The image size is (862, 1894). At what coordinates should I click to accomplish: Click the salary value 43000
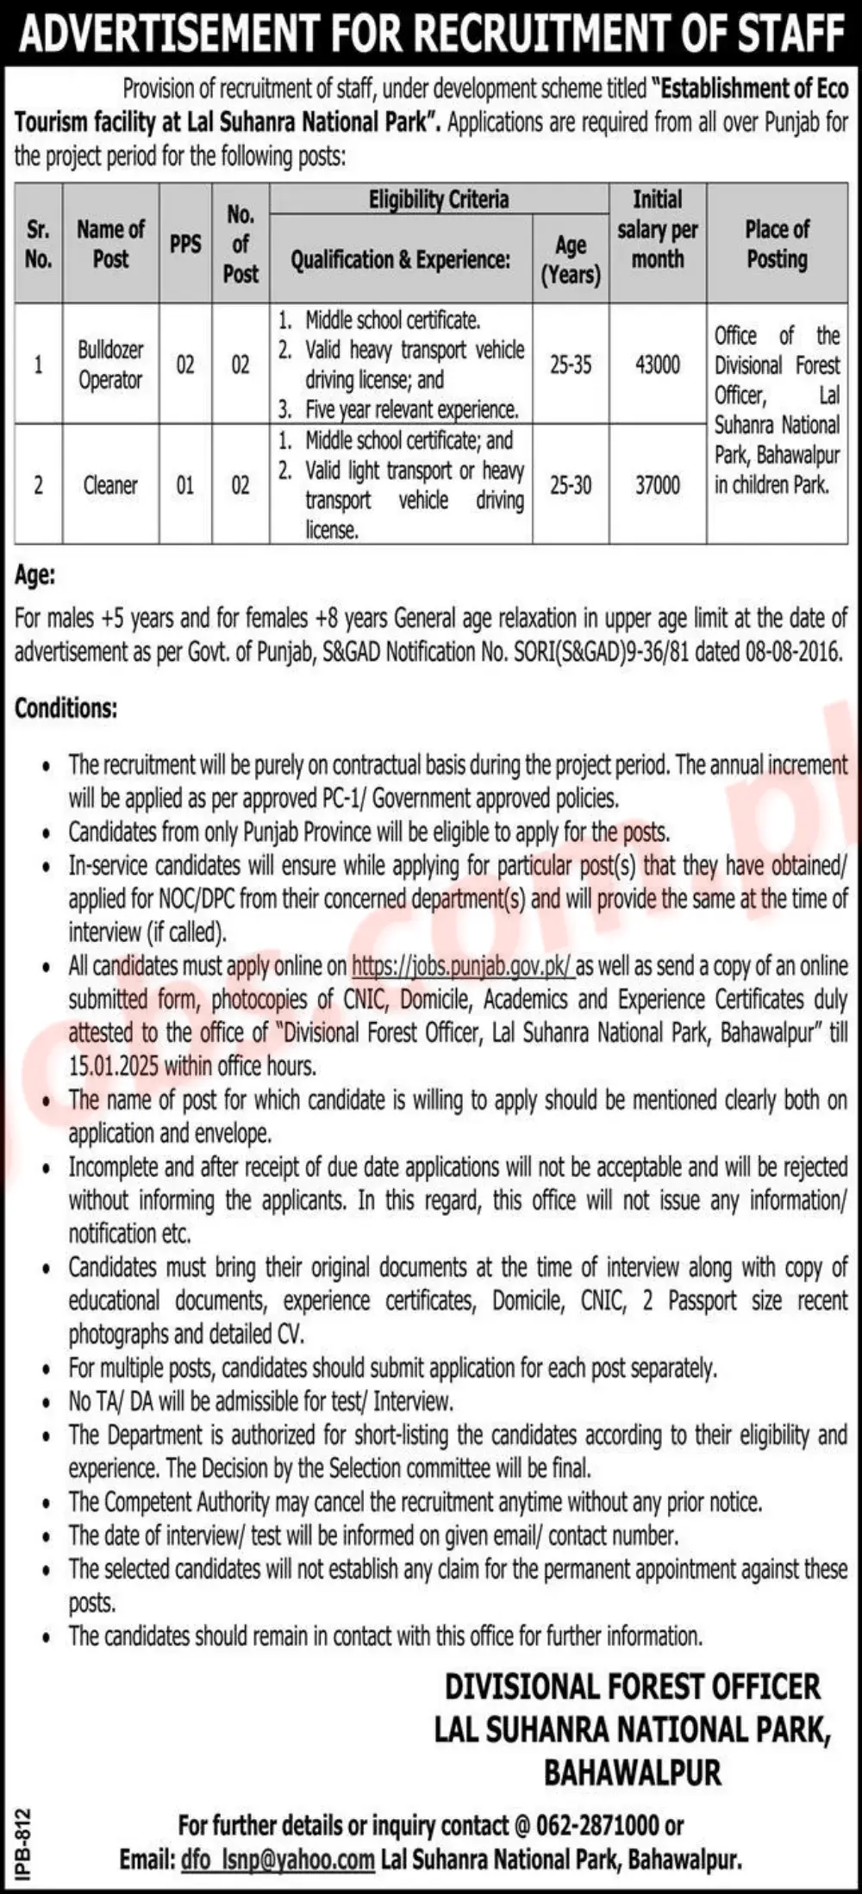tap(657, 364)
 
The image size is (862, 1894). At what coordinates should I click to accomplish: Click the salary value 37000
tap(657, 485)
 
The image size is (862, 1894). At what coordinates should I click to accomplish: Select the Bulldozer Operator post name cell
tap(110, 364)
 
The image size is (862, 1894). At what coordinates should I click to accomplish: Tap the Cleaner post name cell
tap(110, 485)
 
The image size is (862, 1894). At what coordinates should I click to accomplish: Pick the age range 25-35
tap(571, 364)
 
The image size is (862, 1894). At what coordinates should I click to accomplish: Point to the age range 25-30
tap(571, 485)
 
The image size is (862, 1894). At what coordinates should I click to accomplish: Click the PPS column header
tap(185, 244)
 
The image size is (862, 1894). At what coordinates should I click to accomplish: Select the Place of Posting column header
tap(777, 244)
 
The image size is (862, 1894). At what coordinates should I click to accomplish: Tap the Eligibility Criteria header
tap(439, 200)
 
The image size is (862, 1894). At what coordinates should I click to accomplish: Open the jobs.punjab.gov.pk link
tap(462, 966)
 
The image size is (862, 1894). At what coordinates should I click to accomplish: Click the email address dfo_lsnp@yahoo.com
tap(278, 1860)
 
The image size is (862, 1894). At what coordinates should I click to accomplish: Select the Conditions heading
tap(66, 708)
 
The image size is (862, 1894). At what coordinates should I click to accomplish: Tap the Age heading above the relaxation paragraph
tap(34, 576)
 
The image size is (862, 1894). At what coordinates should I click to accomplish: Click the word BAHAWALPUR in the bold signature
tap(632, 1773)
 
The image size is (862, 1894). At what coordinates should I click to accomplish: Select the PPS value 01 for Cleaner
tap(185, 485)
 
